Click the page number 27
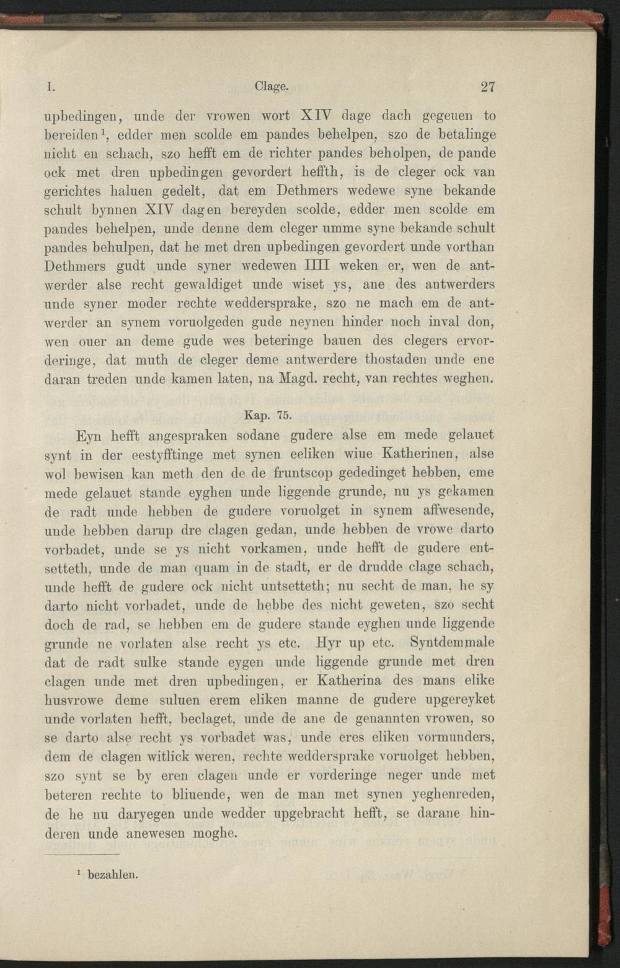[x=487, y=87]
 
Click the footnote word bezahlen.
[x=113, y=875]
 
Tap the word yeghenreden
[x=446, y=795]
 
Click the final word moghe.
[x=214, y=833]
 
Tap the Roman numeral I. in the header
[x=48, y=87]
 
